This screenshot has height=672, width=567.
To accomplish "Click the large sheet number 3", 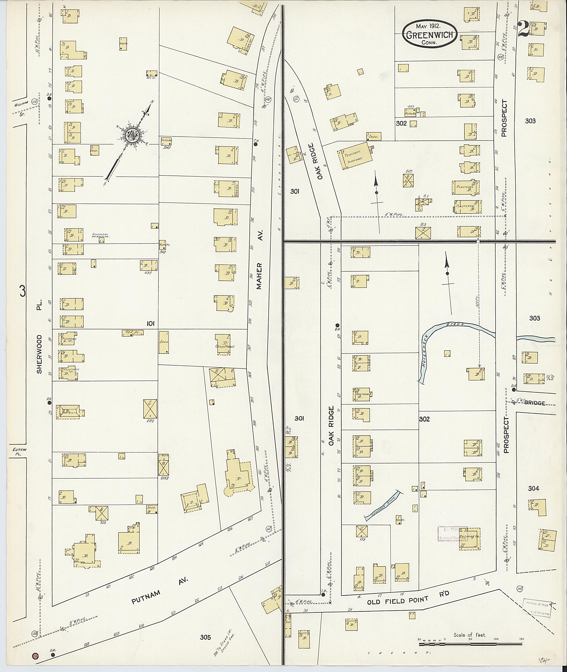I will click(x=22, y=291).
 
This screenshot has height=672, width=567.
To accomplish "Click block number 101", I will click(x=150, y=323).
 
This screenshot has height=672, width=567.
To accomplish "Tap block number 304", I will click(x=534, y=489).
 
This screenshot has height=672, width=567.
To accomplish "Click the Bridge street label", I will click(x=535, y=403).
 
